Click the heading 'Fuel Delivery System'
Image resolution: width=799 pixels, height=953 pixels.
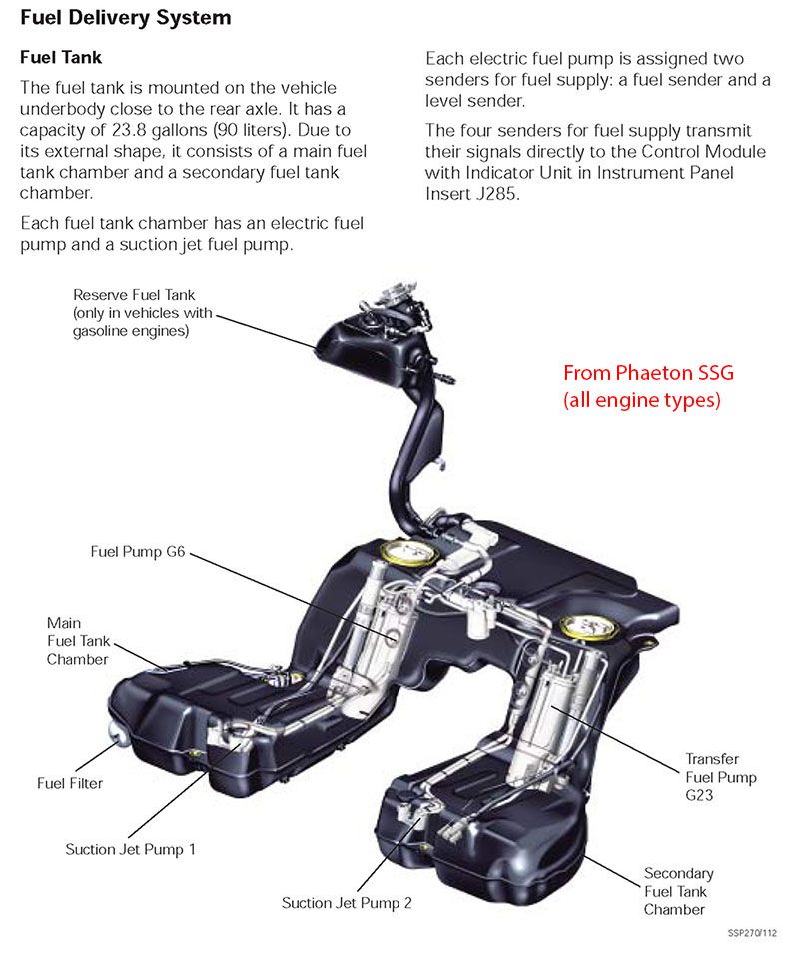pyautogui.click(x=125, y=17)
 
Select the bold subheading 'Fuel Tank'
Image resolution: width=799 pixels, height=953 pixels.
pyautogui.click(x=61, y=58)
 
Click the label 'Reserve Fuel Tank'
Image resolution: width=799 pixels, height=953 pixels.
pyautogui.click(x=134, y=295)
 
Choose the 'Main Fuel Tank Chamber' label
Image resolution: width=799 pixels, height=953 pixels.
pyautogui.click(x=78, y=641)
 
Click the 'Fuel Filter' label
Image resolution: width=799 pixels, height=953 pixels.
pyautogui.click(x=70, y=783)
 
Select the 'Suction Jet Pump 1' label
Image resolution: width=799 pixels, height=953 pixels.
pyautogui.click(x=130, y=849)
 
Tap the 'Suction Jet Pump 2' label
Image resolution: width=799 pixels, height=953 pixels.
pyautogui.click(x=347, y=902)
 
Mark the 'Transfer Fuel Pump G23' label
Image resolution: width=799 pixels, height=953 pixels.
pyautogui.click(x=720, y=776)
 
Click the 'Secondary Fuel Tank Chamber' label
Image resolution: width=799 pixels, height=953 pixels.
pyautogui.click(x=678, y=891)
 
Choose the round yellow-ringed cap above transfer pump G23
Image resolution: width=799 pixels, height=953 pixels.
pyautogui.click(x=582, y=627)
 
